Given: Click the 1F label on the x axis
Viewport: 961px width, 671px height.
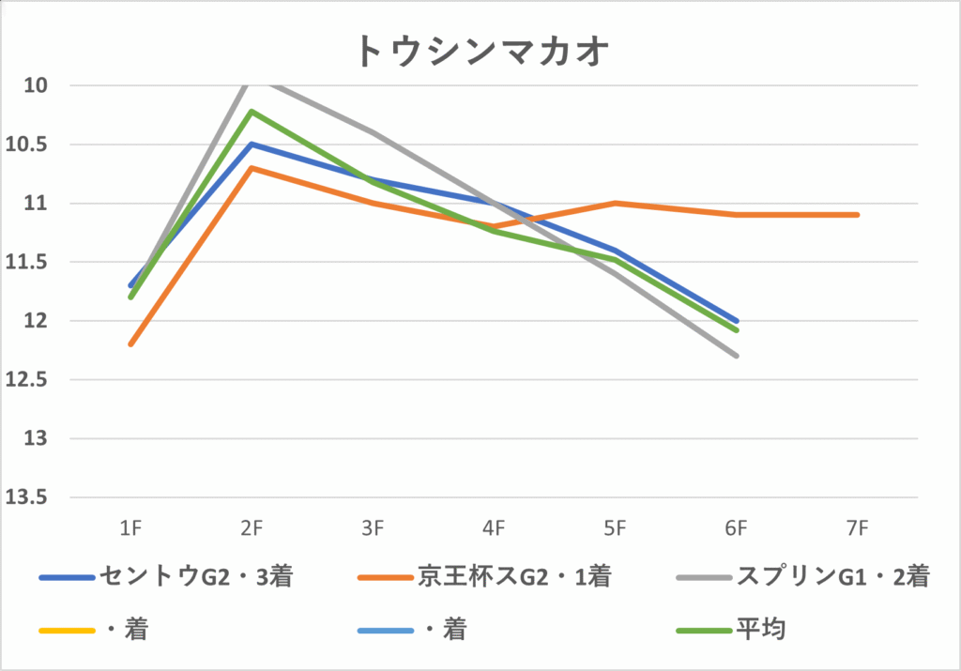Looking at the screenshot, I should (x=130, y=529).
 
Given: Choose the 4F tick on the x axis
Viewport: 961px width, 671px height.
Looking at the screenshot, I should (x=494, y=529).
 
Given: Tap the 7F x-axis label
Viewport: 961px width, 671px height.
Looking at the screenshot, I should (x=857, y=529).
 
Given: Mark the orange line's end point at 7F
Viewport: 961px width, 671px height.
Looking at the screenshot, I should (x=857, y=215).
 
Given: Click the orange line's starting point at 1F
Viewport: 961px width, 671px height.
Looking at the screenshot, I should (x=130, y=344).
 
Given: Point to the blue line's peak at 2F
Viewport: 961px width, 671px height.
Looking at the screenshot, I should (x=252, y=144).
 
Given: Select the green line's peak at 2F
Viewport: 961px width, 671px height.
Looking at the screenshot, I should (x=252, y=111).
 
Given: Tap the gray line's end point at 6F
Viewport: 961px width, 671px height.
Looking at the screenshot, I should (x=737, y=356).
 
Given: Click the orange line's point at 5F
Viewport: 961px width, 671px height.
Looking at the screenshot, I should (x=615, y=203).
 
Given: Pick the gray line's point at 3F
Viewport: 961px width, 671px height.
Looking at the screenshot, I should (x=373, y=132).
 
